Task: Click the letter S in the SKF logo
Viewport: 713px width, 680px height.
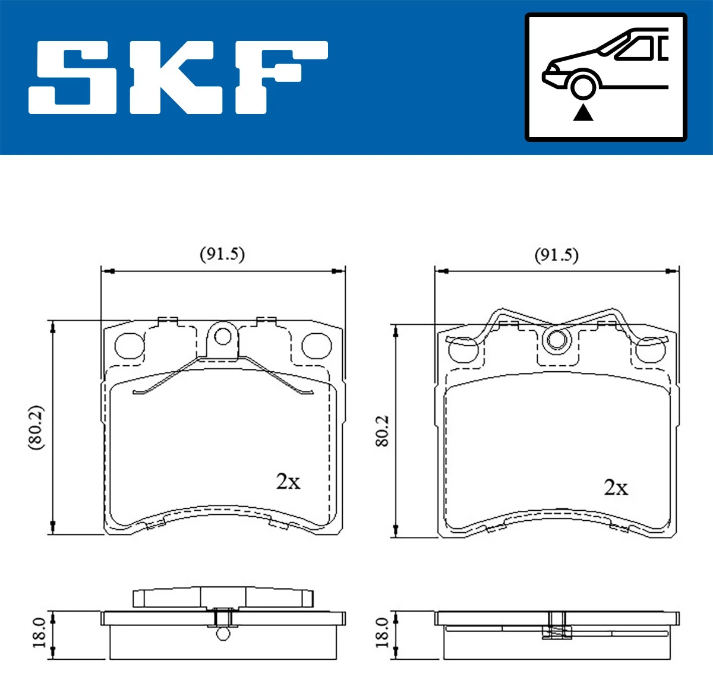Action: pos(71,77)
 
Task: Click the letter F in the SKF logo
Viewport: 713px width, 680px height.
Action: pos(279,77)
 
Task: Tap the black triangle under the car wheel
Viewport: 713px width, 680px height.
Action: pos(583,112)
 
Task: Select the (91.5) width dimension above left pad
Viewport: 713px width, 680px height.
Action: pos(222,254)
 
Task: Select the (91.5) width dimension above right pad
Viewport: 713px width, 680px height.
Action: pos(556,255)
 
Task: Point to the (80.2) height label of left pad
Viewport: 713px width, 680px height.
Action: pos(36,428)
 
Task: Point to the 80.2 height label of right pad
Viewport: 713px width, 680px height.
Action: pos(381,431)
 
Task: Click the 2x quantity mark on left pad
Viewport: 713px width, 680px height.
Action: pos(288,481)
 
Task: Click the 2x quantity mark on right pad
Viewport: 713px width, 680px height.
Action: pos(616,488)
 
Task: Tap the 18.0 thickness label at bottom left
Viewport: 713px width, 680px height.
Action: pos(39,632)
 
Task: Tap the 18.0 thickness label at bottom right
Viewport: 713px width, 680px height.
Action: pos(382,632)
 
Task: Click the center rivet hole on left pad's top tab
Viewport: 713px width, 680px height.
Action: pos(223,337)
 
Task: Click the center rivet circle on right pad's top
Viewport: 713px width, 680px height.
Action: pos(557,340)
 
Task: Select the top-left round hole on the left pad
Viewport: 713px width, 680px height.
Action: pos(129,346)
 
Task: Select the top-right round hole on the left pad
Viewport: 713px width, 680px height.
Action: pos(316,346)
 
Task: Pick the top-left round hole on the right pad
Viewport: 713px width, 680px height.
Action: pos(463,350)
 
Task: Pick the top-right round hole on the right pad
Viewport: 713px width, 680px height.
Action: pos(650,350)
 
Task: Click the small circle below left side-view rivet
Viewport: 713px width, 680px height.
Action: pos(223,634)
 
